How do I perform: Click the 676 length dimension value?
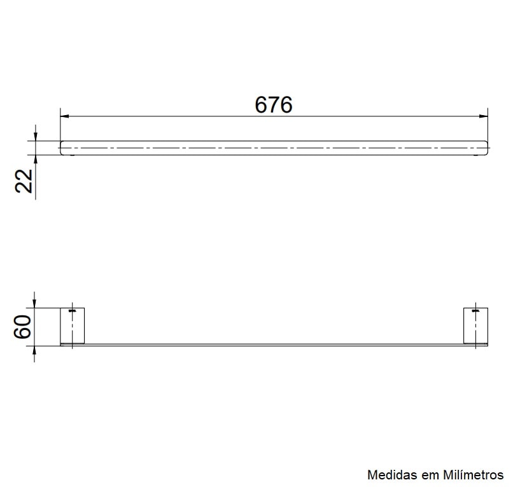274,104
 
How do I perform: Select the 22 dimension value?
24,181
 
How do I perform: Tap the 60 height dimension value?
23,327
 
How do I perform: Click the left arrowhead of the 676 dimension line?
64,116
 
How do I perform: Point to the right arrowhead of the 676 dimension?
483,116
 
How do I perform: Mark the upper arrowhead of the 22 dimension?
36,136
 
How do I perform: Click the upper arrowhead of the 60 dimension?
35,303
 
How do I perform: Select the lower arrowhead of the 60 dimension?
35,350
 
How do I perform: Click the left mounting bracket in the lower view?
72,326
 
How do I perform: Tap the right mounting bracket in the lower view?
475,326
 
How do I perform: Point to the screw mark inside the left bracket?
73,311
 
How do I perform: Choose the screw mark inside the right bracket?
474,311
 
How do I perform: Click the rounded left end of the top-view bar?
62,147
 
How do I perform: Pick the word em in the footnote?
428,475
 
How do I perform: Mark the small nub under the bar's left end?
73,155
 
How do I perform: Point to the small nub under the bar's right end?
475,155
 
